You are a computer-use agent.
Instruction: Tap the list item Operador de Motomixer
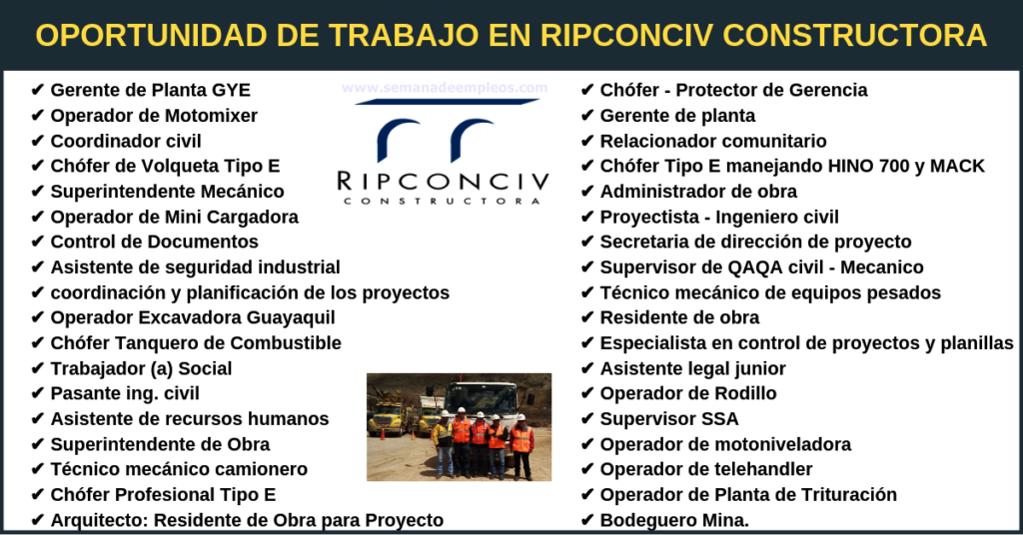[x=154, y=116]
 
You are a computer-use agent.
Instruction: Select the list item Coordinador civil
[x=126, y=141]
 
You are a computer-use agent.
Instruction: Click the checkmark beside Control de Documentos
[x=37, y=242]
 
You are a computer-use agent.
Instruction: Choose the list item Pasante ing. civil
[x=125, y=393]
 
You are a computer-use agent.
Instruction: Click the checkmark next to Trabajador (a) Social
[x=37, y=369]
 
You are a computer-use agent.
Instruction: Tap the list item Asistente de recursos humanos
[x=190, y=419]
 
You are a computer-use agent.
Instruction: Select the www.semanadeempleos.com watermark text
[x=445, y=87]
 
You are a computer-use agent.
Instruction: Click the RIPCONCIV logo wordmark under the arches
[x=443, y=181]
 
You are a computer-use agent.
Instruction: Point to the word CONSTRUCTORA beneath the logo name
[x=443, y=201]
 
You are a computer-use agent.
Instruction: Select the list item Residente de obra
[x=679, y=317]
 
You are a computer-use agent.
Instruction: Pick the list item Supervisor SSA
[x=669, y=419]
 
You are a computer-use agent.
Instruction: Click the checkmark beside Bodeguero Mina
[x=586, y=520]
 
